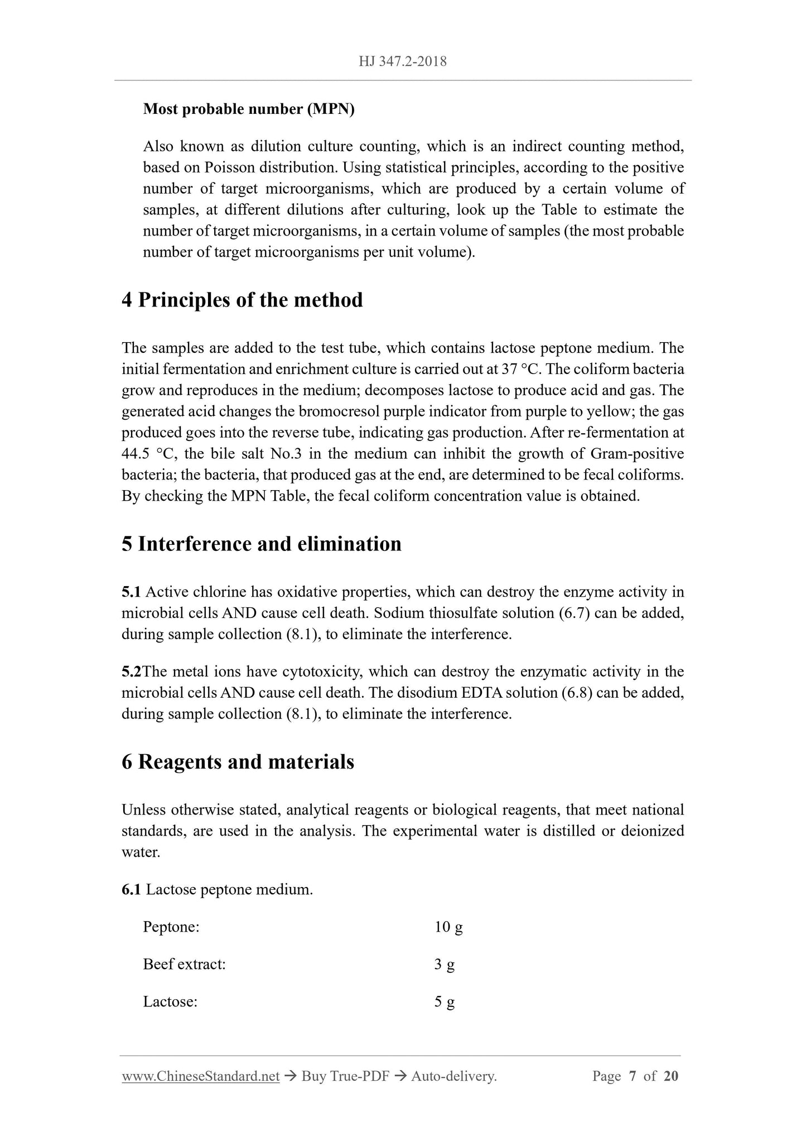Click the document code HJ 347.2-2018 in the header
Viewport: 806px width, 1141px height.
pyautogui.click(x=403, y=61)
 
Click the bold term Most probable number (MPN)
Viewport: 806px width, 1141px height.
pyautogui.click(x=249, y=109)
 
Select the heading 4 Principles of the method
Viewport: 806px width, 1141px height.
pyautogui.click(x=242, y=300)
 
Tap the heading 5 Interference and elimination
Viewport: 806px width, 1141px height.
pyautogui.click(x=262, y=544)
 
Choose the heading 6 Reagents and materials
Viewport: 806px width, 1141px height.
pyautogui.click(x=238, y=762)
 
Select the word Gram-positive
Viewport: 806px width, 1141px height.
pyautogui.click(x=636, y=454)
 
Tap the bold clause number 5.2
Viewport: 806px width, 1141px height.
pyautogui.click(x=132, y=672)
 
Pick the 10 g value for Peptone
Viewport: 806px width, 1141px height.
pyautogui.click(x=448, y=927)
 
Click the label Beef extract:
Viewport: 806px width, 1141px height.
pyautogui.click(x=184, y=965)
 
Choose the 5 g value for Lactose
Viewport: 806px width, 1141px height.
pyautogui.click(x=445, y=1002)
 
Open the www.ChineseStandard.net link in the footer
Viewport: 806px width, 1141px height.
pyautogui.click(x=200, y=1076)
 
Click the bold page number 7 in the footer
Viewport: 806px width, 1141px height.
pyautogui.click(x=633, y=1076)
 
